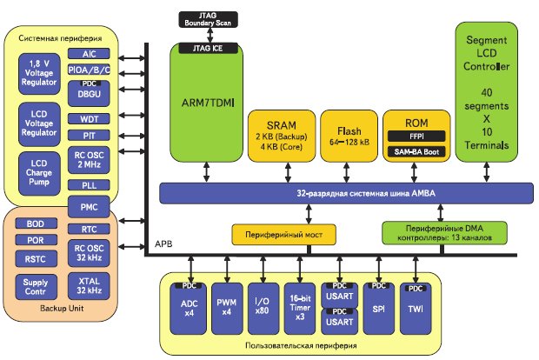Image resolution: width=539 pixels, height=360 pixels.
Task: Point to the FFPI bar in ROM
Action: coord(415,136)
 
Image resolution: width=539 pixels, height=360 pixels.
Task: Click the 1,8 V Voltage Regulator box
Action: coord(41,71)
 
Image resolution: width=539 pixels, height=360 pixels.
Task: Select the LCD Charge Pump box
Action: coord(41,171)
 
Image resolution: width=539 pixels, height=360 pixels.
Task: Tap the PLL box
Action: coord(89,184)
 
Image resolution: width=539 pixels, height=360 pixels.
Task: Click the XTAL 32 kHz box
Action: coord(89,284)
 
